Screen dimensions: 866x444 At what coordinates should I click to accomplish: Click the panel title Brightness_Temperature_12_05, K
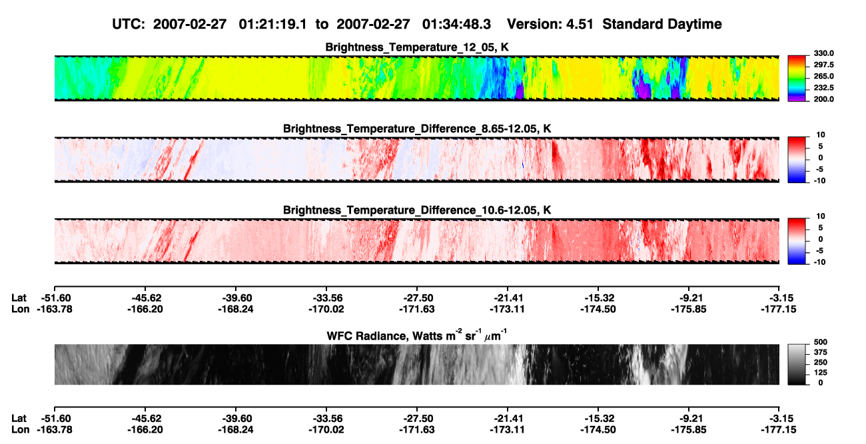coord(417,47)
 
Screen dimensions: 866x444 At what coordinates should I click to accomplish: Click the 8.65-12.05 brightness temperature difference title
coord(417,128)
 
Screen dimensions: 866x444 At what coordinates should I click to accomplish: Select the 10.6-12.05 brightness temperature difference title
coord(417,210)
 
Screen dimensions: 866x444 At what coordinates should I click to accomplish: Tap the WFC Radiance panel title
coord(417,335)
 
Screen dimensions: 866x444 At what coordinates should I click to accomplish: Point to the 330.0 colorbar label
coord(823,53)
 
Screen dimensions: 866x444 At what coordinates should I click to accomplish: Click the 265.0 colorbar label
coord(823,76)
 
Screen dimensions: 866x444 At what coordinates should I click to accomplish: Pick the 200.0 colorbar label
coord(823,99)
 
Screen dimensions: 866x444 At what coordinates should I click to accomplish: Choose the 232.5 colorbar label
coord(823,88)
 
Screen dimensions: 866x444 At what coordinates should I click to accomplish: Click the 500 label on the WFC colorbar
coord(821,342)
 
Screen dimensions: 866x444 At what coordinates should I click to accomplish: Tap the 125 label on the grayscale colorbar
coord(821,373)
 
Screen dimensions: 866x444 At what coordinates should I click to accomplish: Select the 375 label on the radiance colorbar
coord(821,352)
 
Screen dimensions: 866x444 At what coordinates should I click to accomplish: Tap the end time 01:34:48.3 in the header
coord(456,25)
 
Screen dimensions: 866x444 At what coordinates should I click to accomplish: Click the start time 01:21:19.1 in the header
coord(272,25)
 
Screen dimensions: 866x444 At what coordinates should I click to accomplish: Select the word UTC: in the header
coord(129,25)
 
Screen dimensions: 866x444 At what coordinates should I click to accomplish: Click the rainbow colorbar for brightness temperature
coord(797,79)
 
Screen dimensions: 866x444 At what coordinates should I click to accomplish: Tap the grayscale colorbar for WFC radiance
coord(797,364)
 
